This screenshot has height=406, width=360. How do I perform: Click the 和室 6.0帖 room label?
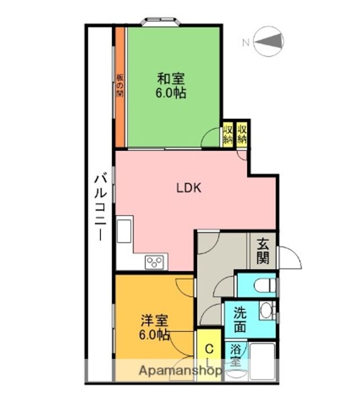pyautogui.click(x=171, y=86)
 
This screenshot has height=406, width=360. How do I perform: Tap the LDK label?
pyautogui.click(x=189, y=188)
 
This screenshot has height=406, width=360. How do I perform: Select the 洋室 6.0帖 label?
pyautogui.click(x=154, y=327)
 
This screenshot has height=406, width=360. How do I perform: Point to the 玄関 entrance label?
pyautogui.click(x=263, y=251)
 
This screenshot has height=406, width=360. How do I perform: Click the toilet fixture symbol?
pyautogui.click(x=265, y=285)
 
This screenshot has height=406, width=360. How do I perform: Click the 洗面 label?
pyautogui.click(x=240, y=320)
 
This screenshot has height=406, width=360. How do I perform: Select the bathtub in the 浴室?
pyautogui.click(x=263, y=361)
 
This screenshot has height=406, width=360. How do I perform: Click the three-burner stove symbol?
pyautogui.click(x=154, y=262)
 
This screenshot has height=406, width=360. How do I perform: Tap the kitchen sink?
pyautogui.click(x=124, y=231)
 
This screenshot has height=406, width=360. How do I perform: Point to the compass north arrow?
pyautogui.click(x=268, y=41)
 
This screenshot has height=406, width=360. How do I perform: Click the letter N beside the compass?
pyautogui.click(x=246, y=42)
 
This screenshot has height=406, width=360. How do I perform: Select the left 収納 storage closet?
pyautogui.click(x=228, y=134)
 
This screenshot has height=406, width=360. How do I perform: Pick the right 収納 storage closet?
pyautogui.click(x=242, y=134)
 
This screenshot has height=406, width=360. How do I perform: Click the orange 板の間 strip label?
pyautogui.click(x=119, y=86)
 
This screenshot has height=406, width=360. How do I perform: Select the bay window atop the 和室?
pyautogui.click(x=161, y=21)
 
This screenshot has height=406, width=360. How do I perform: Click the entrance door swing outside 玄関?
pyautogui.click(x=289, y=258)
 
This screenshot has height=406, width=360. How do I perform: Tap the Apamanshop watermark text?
pyautogui.click(x=180, y=371)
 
